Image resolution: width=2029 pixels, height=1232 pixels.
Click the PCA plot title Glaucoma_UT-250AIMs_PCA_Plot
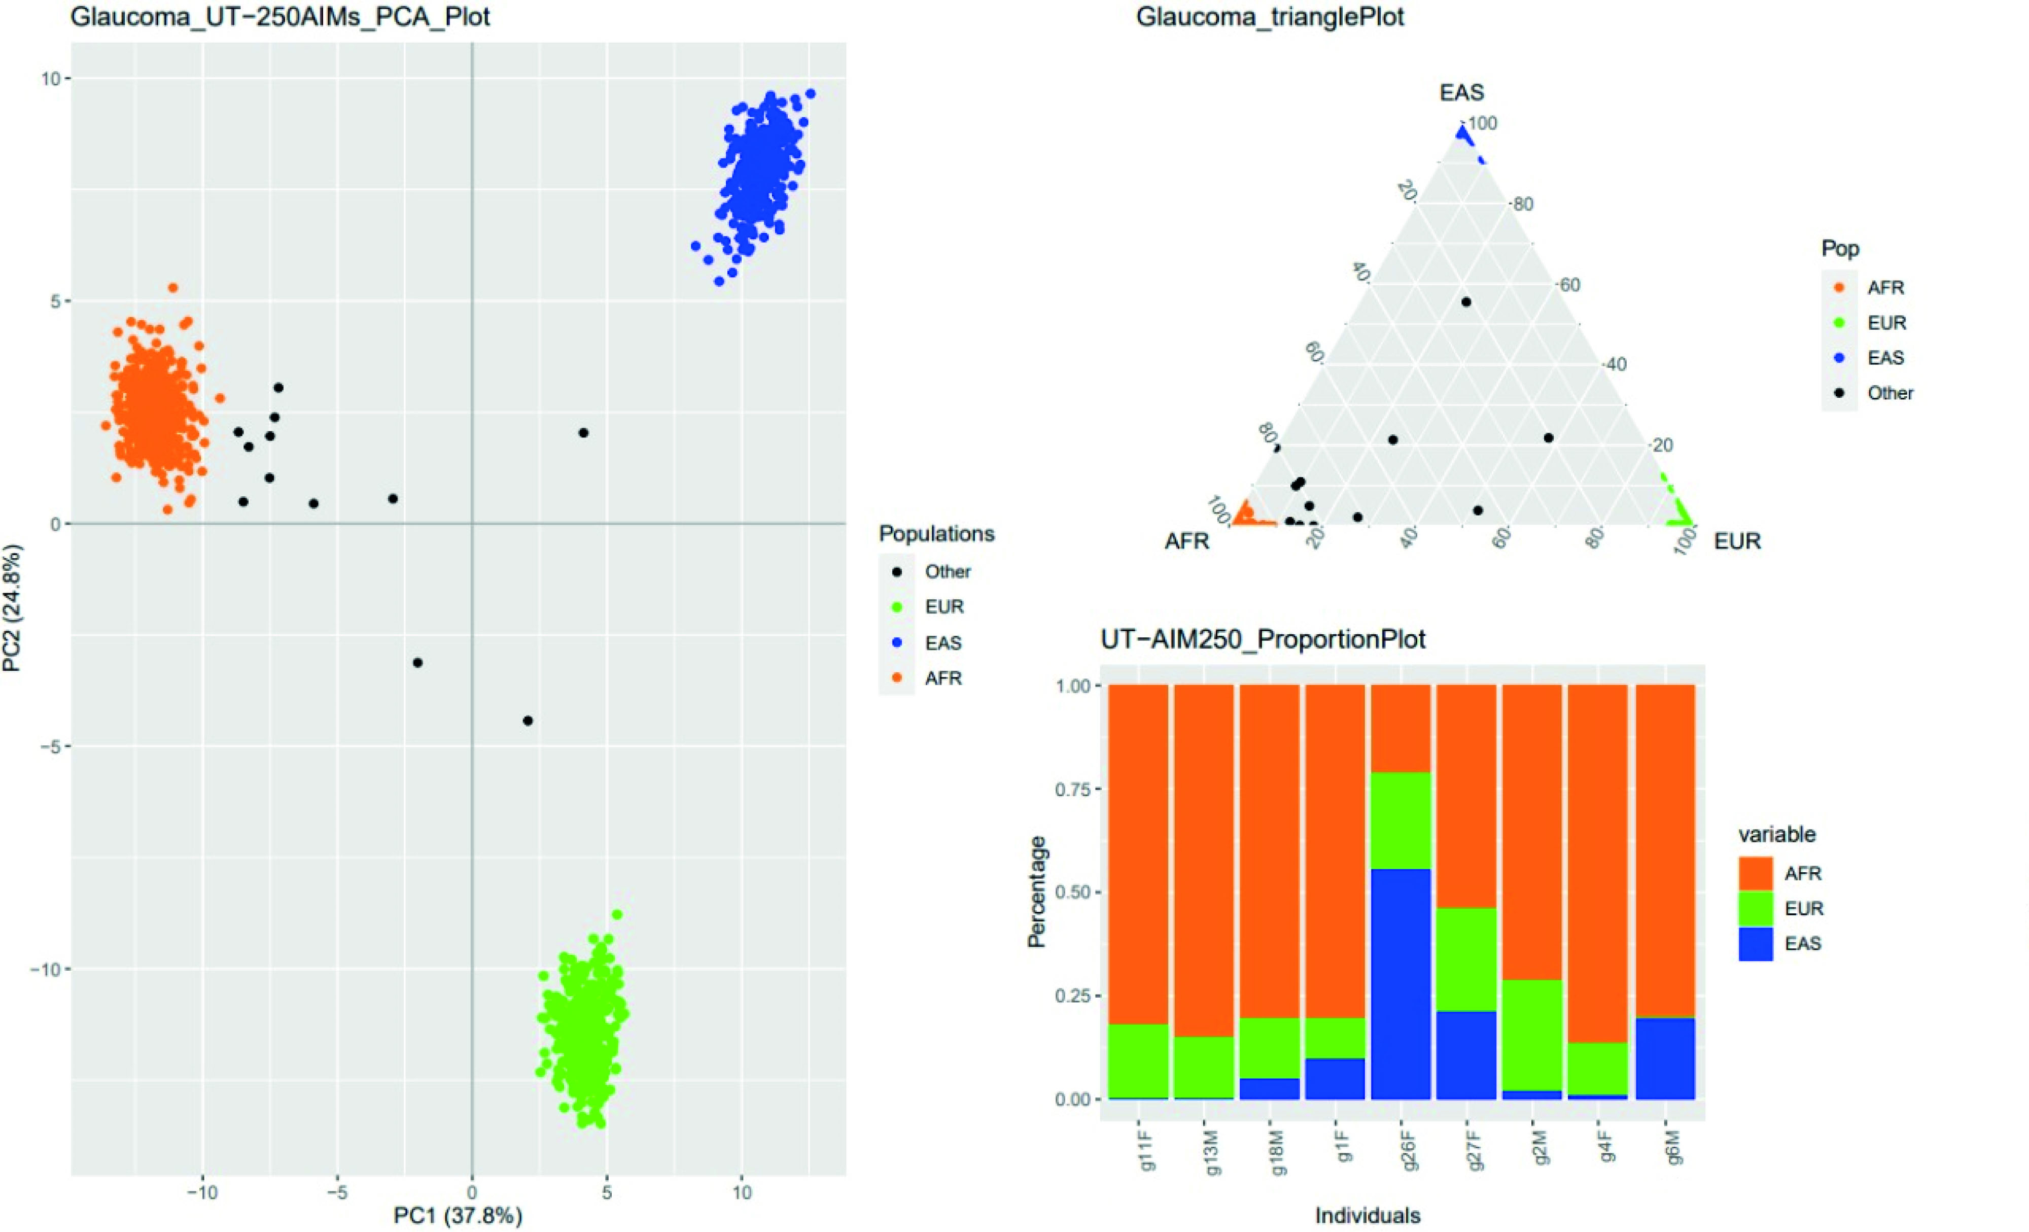[x=280, y=16]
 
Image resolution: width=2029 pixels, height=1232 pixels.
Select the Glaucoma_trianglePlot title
[x=1270, y=16]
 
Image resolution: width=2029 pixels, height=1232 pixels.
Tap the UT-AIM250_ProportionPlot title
[x=1263, y=639]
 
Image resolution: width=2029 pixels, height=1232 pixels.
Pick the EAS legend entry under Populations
[x=943, y=642]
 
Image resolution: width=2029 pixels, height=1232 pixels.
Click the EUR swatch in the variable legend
[x=1755, y=908]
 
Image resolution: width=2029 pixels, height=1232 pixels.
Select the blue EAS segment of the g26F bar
[x=1401, y=983]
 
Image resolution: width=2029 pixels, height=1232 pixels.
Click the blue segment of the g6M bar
[x=1665, y=1058]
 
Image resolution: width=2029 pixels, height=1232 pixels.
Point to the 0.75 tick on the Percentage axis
[x=1072, y=790]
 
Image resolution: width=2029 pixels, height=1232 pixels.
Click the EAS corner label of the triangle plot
[x=1461, y=92]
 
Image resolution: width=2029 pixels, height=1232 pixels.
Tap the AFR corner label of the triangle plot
[x=1186, y=541]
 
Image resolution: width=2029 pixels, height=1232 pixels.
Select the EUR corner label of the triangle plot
[x=1737, y=541]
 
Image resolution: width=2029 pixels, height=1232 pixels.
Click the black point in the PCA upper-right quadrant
[x=583, y=432]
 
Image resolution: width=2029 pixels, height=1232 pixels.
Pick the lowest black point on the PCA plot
[x=528, y=721]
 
